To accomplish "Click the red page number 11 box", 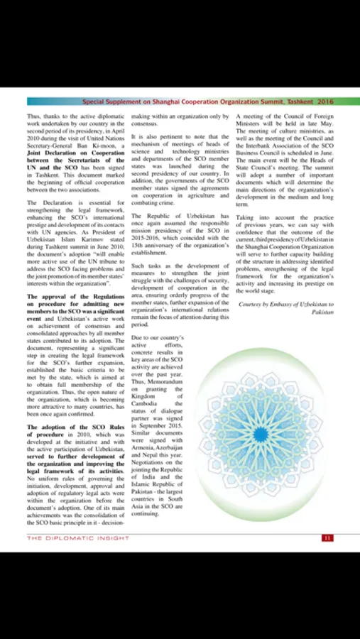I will point(327,538).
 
